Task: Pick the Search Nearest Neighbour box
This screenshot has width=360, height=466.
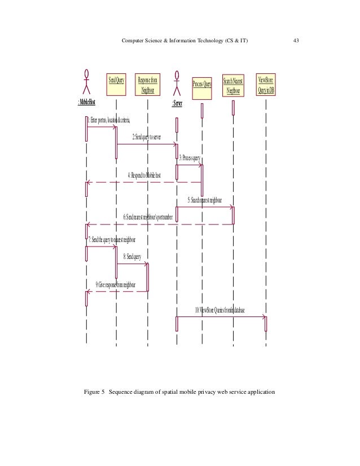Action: pyautogui.click(x=232, y=86)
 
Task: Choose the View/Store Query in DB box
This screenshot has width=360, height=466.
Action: pyautogui.click(x=265, y=84)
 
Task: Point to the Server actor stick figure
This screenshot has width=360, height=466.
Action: pyautogui.click(x=177, y=84)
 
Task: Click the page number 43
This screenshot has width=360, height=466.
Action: pyautogui.click(x=296, y=40)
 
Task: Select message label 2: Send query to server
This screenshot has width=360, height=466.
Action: pyautogui.click(x=147, y=137)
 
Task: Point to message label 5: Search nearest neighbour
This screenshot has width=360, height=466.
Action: pyautogui.click(x=204, y=200)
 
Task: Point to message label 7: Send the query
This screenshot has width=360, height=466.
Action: pyautogui.click(x=111, y=240)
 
